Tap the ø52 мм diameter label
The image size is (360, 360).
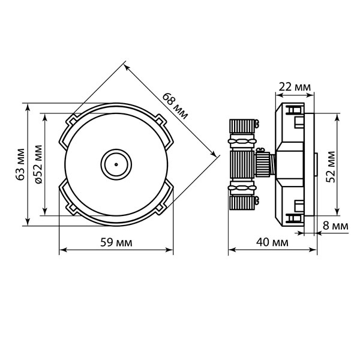pyautogui.click(x=38, y=164)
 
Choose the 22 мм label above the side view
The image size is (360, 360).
pyautogui.click(x=295, y=87)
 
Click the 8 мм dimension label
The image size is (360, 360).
pyautogui.click(x=335, y=226)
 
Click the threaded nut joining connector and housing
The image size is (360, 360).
pyautogui.click(x=263, y=163)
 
